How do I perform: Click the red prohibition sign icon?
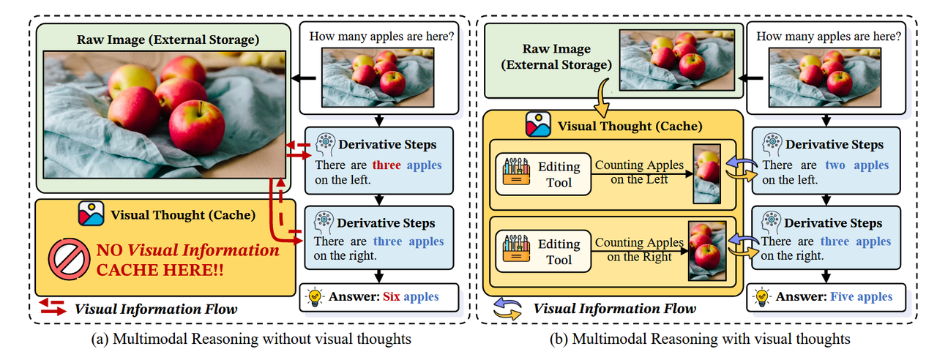click(70, 260)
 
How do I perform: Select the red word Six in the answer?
click(388, 296)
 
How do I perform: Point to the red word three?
click(386, 165)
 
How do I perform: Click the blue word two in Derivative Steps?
click(835, 165)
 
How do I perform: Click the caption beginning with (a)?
click(249, 339)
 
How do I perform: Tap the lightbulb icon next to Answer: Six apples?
click(316, 296)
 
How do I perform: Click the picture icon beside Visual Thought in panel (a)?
click(92, 214)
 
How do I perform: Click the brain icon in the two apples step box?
click(771, 143)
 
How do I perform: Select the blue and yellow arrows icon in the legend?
click(507, 308)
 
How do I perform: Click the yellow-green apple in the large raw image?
click(132, 82)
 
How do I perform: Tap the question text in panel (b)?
click(829, 36)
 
